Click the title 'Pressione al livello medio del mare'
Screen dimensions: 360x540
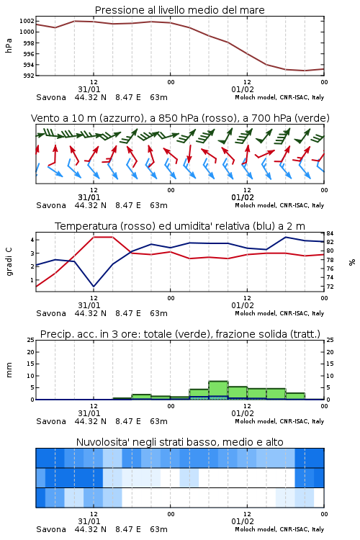(x=179, y=10)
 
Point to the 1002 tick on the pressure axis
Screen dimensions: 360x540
(x=27, y=21)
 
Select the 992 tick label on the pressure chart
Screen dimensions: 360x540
(x=28, y=76)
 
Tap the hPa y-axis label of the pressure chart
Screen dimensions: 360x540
(x=9, y=46)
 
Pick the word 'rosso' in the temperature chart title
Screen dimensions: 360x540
(x=138, y=226)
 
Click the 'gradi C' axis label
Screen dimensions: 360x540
(x=9, y=262)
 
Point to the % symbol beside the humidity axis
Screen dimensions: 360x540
(x=352, y=262)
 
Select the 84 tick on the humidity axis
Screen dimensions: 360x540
(x=330, y=234)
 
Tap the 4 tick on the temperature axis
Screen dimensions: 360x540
(x=32, y=240)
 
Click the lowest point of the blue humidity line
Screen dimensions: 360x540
(x=94, y=287)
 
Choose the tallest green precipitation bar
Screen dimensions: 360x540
(x=218, y=390)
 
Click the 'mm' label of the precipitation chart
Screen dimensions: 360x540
(x=9, y=370)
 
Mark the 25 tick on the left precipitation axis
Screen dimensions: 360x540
(x=31, y=340)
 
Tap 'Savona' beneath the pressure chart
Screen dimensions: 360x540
(x=51, y=97)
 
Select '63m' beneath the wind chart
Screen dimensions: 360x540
(x=159, y=206)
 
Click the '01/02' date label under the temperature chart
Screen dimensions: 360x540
(x=243, y=305)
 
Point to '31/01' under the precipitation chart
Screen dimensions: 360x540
(x=89, y=413)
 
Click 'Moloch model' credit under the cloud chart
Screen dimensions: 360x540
(x=256, y=529)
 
